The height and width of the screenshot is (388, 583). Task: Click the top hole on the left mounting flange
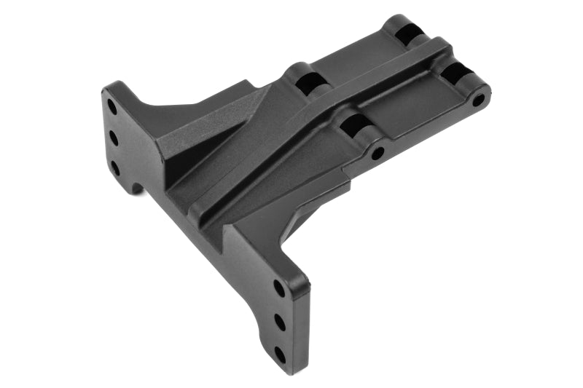[112, 106]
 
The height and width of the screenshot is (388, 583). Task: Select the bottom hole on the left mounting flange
[114, 167]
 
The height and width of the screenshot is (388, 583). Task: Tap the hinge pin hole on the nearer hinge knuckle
[377, 154]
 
